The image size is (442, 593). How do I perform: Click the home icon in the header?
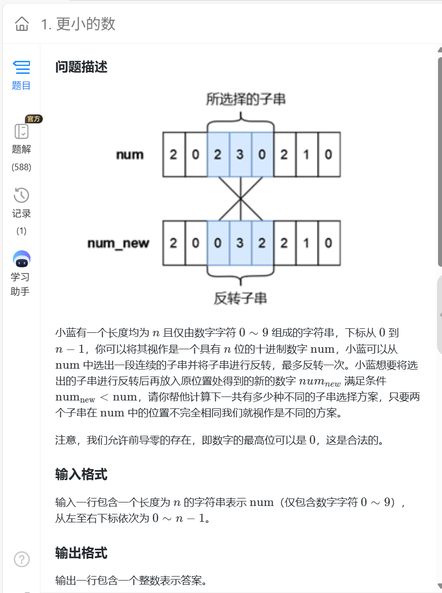pos(22,23)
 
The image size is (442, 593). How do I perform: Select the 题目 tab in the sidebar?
pos(21,75)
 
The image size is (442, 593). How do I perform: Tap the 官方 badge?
pos(34,119)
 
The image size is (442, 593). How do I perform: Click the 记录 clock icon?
pos(21,196)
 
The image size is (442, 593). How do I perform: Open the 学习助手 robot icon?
pos(21,259)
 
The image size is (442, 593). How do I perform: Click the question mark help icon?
pos(21,560)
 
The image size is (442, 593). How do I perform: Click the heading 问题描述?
pos(81,67)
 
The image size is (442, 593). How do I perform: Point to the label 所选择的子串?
pos(246,99)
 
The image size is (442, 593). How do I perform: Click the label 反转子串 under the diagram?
pos(240,298)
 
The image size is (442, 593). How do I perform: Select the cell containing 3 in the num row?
pos(240,155)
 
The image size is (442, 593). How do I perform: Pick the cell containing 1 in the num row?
pos(306,155)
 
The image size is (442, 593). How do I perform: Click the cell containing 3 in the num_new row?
pos(240,243)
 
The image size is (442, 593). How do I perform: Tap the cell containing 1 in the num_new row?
pos(306,243)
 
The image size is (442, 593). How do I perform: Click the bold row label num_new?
pos(118,243)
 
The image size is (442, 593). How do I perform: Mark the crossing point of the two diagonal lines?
pos(240,199)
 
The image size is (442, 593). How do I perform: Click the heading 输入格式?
pos(81,475)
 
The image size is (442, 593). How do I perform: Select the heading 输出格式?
pos(81,553)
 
